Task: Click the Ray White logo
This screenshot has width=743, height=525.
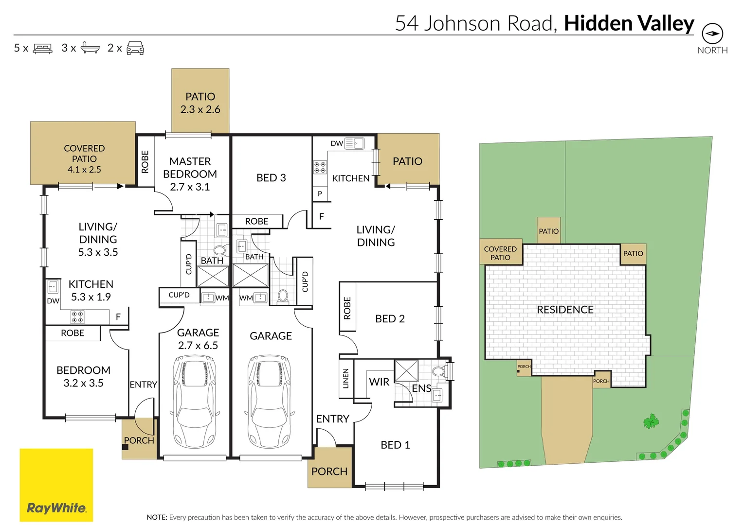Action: point(56,485)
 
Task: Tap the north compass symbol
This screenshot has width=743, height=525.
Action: point(712,34)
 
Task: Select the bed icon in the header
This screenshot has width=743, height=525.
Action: point(43,48)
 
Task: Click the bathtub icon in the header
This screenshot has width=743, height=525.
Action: point(90,48)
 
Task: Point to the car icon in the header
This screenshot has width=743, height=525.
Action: point(135,48)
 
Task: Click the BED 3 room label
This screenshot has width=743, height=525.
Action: point(271,178)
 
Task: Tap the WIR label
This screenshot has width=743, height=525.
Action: point(379,382)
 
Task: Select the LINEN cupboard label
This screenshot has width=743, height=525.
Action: point(346,378)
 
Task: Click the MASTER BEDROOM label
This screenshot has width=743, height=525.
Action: point(190,174)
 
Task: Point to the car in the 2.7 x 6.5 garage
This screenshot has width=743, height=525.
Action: point(195,402)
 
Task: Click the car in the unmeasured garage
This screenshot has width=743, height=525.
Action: point(270,402)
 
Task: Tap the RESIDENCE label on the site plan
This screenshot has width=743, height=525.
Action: point(565,310)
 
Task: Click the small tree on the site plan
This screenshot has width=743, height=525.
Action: point(651,421)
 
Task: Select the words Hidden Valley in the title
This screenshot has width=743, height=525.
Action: point(629,23)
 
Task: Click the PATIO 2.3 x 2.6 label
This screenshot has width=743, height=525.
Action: point(200,103)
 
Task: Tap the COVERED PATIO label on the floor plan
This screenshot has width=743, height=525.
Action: point(84,158)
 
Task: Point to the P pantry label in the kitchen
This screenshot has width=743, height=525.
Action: point(320,193)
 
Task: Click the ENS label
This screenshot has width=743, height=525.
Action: point(421,388)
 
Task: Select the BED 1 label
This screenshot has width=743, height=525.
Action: point(395,445)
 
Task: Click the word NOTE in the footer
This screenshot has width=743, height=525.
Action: point(157,517)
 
